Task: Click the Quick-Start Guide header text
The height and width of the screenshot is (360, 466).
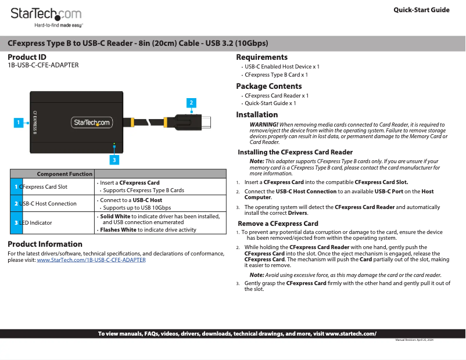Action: [x=421, y=10]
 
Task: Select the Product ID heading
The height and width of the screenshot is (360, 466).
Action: [x=27, y=57]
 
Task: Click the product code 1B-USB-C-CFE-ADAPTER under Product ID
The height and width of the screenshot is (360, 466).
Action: [x=43, y=66]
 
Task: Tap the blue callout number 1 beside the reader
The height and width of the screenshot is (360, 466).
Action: [x=19, y=123]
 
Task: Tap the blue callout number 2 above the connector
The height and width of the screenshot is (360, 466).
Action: [x=191, y=103]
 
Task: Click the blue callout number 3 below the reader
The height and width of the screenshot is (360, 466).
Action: [x=114, y=159]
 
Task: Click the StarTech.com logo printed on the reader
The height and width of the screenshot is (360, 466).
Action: [x=92, y=123]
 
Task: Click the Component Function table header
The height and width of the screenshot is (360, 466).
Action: [x=64, y=174]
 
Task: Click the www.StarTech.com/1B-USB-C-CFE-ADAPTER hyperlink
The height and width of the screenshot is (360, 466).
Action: [x=91, y=260]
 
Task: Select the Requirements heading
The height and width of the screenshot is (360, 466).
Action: [x=261, y=57]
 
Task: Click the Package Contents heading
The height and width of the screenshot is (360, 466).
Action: [x=268, y=87]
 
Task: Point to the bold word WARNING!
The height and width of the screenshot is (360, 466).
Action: [x=264, y=125]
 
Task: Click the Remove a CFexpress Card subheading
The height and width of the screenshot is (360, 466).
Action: [x=278, y=224]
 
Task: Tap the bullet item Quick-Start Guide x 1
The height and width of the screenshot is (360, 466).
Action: [x=270, y=103]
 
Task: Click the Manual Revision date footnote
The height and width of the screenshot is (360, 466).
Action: [x=414, y=339]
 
